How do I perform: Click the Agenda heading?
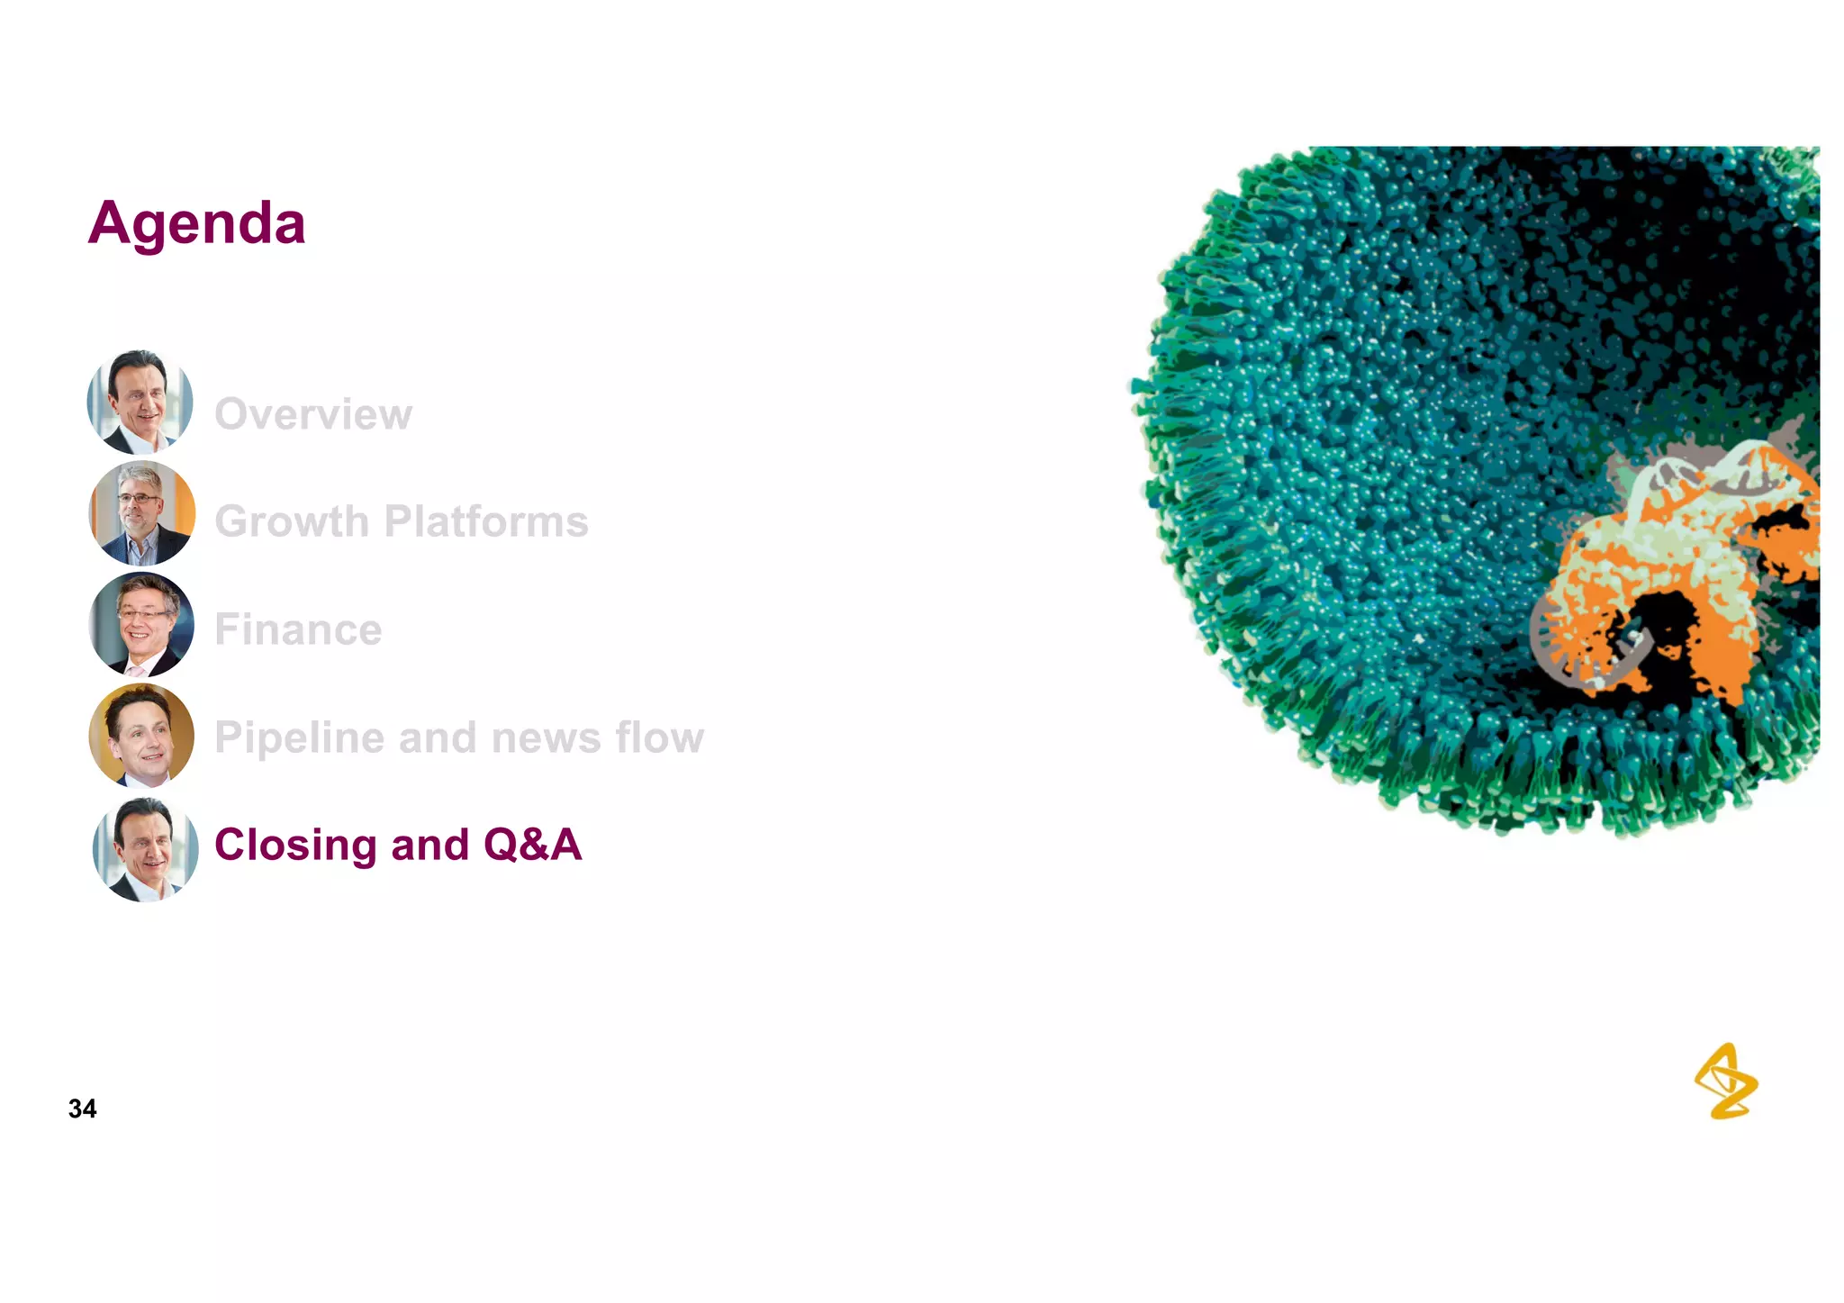(x=196, y=223)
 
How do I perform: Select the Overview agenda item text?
(x=313, y=414)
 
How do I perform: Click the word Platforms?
(x=486, y=521)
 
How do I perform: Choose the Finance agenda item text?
(x=298, y=629)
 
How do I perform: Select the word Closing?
(x=295, y=845)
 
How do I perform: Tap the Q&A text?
(x=532, y=845)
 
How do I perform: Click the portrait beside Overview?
(x=140, y=402)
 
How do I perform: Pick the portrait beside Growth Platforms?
(x=141, y=512)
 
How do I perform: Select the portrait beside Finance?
(x=141, y=624)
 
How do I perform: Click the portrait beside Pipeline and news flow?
(x=141, y=735)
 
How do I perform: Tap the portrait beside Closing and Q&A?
(x=145, y=849)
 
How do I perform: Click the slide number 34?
(x=82, y=1108)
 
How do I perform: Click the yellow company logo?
(x=1725, y=1081)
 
